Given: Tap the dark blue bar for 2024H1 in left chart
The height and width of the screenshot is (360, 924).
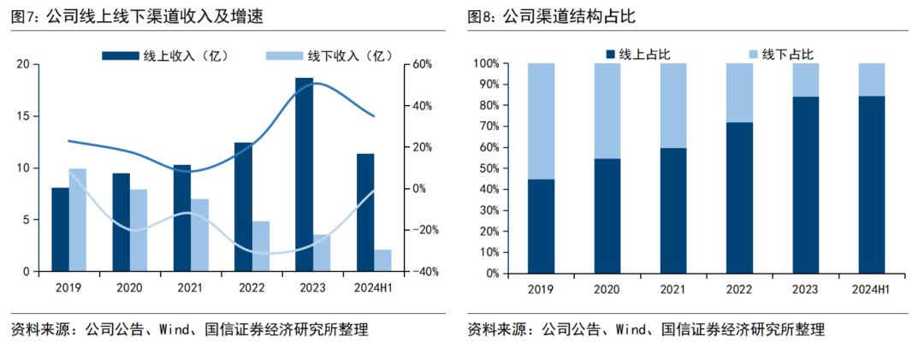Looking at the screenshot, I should [x=365, y=213].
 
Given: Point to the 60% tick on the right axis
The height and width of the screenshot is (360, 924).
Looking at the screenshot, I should [x=422, y=64].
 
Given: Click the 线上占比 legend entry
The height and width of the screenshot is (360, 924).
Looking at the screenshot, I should [x=637, y=54].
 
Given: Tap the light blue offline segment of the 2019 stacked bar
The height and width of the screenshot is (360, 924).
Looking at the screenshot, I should [x=541, y=121].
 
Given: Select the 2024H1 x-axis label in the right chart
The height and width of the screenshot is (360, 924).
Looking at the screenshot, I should [x=872, y=290].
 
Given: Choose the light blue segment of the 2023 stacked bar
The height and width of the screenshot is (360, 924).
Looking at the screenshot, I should [x=806, y=80].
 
